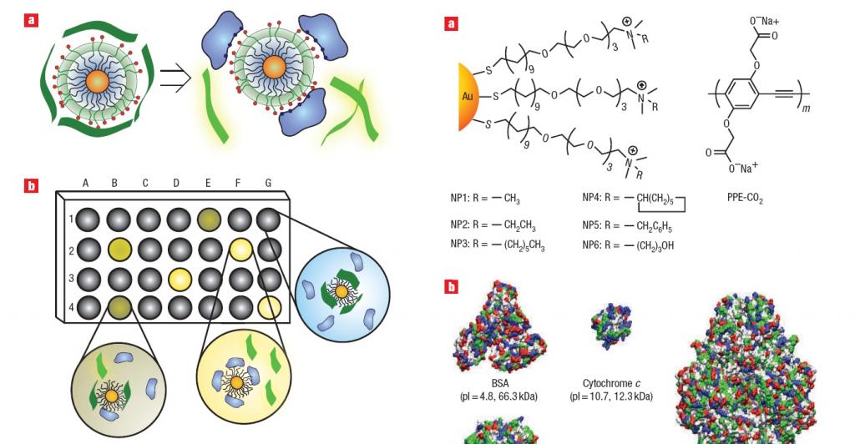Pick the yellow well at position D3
pos(179,278)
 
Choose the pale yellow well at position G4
pos(268,307)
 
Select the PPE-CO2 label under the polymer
pos(746,199)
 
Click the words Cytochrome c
pos(611,384)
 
